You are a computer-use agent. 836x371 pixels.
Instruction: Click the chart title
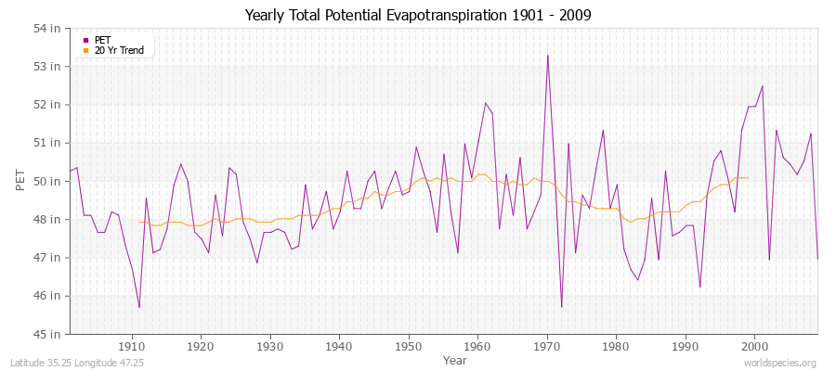click(x=417, y=16)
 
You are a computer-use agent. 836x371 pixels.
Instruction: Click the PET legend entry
click(x=102, y=40)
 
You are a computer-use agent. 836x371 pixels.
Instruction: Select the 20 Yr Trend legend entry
click(x=119, y=50)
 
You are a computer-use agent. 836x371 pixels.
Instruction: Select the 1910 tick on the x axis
click(x=132, y=346)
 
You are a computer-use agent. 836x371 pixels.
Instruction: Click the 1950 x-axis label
click(x=408, y=346)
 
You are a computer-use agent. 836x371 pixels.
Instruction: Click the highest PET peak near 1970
click(x=547, y=56)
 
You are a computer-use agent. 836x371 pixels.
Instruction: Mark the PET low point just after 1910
click(x=139, y=307)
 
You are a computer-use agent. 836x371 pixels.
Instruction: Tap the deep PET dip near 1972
click(x=561, y=307)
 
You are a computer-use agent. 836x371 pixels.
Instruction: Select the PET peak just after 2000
click(x=762, y=86)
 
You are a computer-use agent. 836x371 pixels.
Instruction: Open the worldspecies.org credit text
click(x=780, y=364)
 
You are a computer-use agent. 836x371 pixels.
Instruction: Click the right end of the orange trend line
click(x=748, y=178)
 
